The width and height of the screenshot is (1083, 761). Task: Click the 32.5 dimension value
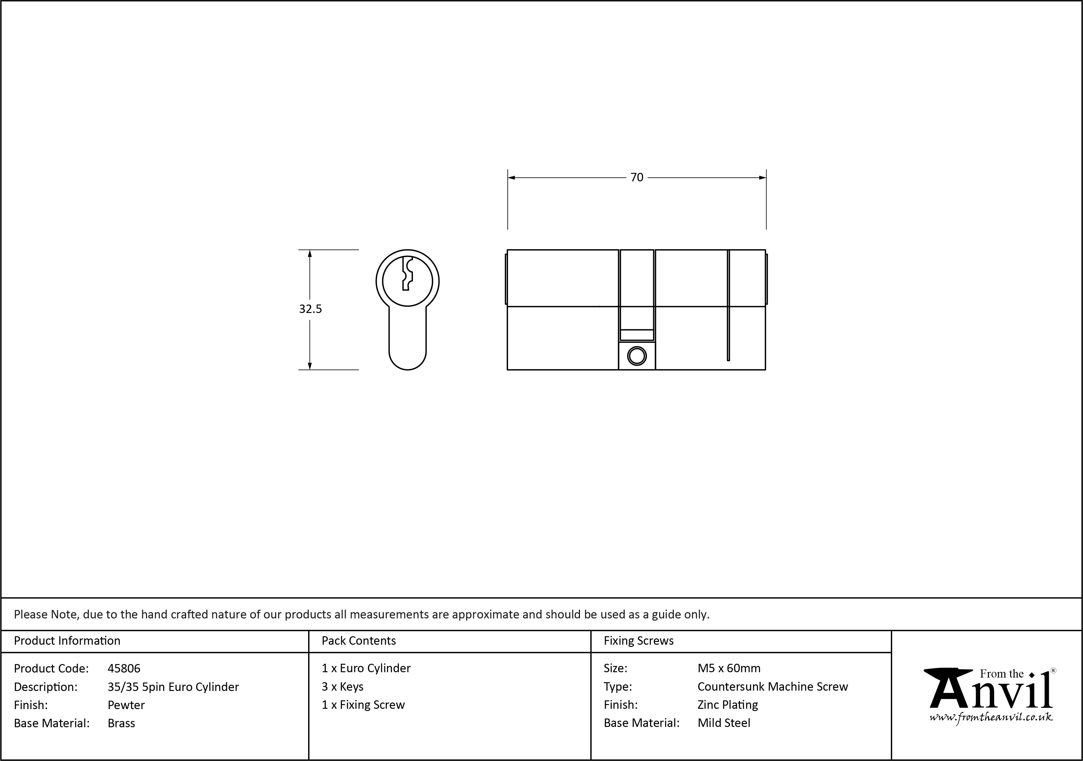click(x=310, y=309)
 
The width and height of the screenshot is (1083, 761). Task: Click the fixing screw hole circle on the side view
click(x=637, y=356)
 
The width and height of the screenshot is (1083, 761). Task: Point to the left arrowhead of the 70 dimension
click(x=511, y=178)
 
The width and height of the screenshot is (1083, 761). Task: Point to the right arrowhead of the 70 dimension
click(x=762, y=178)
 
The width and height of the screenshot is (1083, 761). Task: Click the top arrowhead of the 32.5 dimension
click(x=310, y=253)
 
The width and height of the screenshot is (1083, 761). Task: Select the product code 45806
click(x=124, y=668)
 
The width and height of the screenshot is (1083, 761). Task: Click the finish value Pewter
click(x=126, y=705)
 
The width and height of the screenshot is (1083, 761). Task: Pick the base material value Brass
click(x=121, y=723)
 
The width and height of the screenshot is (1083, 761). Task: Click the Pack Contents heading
click(x=358, y=641)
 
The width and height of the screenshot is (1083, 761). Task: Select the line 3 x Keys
click(x=343, y=687)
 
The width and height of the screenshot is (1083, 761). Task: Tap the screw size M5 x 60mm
click(x=729, y=668)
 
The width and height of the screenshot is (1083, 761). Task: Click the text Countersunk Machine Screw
click(x=772, y=687)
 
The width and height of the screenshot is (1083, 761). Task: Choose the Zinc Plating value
click(x=727, y=705)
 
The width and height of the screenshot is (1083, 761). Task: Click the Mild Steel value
click(x=724, y=723)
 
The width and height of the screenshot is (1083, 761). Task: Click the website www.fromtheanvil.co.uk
click(x=990, y=718)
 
